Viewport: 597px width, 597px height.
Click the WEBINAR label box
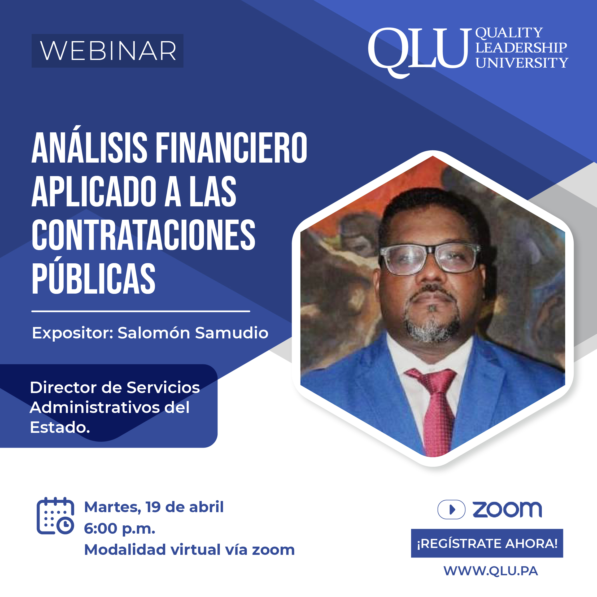pyautogui.click(x=107, y=51)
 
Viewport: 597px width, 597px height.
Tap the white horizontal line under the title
pyautogui.click(x=141, y=311)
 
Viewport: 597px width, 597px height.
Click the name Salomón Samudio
pyautogui.click(x=193, y=333)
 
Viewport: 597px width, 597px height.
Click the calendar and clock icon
pyautogui.click(x=55, y=516)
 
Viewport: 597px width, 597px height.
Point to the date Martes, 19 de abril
pyautogui.click(x=154, y=507)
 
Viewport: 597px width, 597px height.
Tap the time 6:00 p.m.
pyautogui.click(x=120, y=529)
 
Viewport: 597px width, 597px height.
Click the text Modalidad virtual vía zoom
pyautogui.click(x=189, y=550)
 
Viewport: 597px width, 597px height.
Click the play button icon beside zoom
pyautogui.click(x=451, y=509)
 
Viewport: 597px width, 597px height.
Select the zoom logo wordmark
pyautogui.click(x=507, y=509)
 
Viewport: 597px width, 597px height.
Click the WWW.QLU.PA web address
pyautogui.click(x=491, y=571)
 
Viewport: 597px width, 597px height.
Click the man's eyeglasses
pyautogui.click(x=430, y=259)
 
